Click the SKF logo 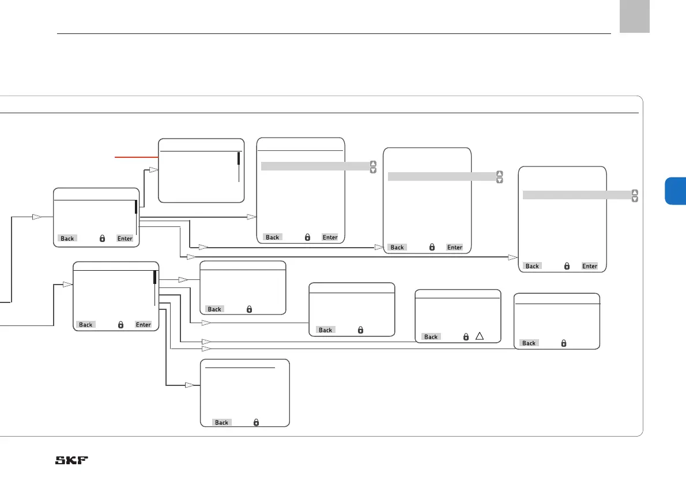tap(74, 461)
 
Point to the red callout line tap(137, 156)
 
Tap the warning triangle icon tap(479, 336)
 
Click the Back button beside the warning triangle tap(431, 337)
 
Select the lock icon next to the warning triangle tap(466, 337)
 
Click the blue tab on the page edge tap(675, 191)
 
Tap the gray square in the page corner tap(635, 17)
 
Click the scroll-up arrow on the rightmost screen tap(635, 192)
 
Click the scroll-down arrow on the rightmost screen tap(635, 199)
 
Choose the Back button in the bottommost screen tap(221, 422)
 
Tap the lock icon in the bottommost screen tap(257, 422)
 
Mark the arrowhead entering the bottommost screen tap(189, 385)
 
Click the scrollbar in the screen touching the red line tap(239, 158)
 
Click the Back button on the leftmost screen tap(67, 238)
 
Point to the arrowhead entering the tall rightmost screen tap(512, 257)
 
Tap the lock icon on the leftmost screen tap(102, 238)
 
